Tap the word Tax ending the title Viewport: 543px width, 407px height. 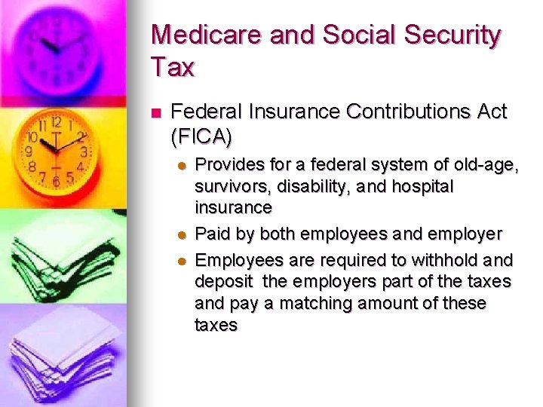click(x=173, y=67)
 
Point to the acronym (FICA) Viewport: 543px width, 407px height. click(x=202, y=137)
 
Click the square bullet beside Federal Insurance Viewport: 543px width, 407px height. click(x=156, y=114)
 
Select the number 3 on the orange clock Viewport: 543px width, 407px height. click(x=84, y=151)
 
